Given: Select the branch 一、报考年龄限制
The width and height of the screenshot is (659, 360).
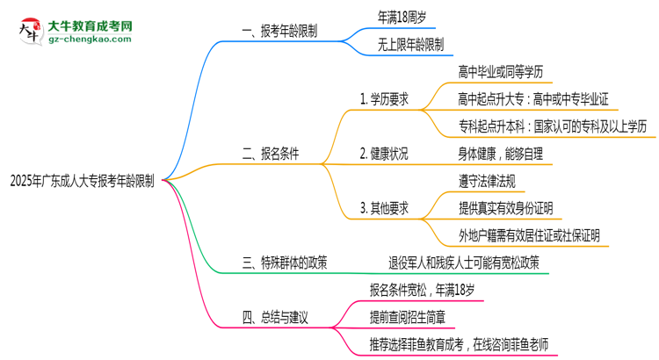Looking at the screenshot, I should point(279,32).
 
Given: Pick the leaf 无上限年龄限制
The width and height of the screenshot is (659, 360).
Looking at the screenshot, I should point(409,44).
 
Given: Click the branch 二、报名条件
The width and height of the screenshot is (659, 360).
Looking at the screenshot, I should point(270,153).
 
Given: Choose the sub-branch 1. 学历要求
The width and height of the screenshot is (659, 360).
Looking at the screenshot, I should point(385,99).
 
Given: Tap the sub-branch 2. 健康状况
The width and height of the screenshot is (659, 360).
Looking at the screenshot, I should point(384,153).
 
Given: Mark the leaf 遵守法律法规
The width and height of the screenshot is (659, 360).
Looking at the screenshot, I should point(487,180).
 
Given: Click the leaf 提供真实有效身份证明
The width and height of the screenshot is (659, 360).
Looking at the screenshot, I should point(505,208).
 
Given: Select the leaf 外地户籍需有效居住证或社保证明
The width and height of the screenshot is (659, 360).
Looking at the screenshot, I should point(530,235).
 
